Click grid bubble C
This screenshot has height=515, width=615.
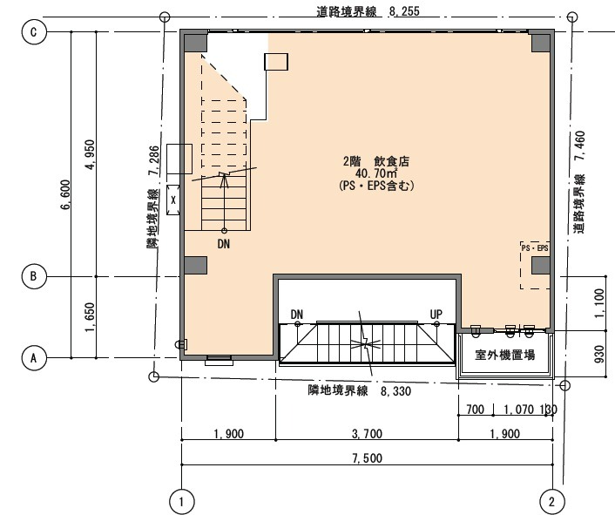(x=34, y=31)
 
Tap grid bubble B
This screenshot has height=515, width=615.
(x=34, y=276)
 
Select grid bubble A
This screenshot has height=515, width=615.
(x=34, y=358)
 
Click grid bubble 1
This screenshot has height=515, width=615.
(x=181, y=501)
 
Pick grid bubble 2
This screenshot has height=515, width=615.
(x=552, y=501)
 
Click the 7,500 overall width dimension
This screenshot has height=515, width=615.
(x=367, y=457)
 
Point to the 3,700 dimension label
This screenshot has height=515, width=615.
(x=367, y=433)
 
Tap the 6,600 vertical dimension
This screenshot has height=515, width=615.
(x=65, y=194)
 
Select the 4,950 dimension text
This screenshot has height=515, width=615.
(x=90, y=154)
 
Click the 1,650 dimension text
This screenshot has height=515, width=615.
(x=90, y=317)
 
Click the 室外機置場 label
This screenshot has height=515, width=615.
(x=504, y=355)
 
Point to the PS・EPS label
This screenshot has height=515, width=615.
(x=535, y=247)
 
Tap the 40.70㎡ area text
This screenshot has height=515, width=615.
(x=376, y=173)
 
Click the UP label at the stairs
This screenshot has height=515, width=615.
(x=436, y=315)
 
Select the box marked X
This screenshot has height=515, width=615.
(x=173, y=200)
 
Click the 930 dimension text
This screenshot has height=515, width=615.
(x=599, y=354)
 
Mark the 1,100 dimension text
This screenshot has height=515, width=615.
(x=599, y=303)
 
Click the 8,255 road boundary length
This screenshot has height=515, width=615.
(x=404, y=11)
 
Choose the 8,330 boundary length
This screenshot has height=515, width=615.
(x=395, y=391)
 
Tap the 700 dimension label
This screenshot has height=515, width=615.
(x=475, y=410)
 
